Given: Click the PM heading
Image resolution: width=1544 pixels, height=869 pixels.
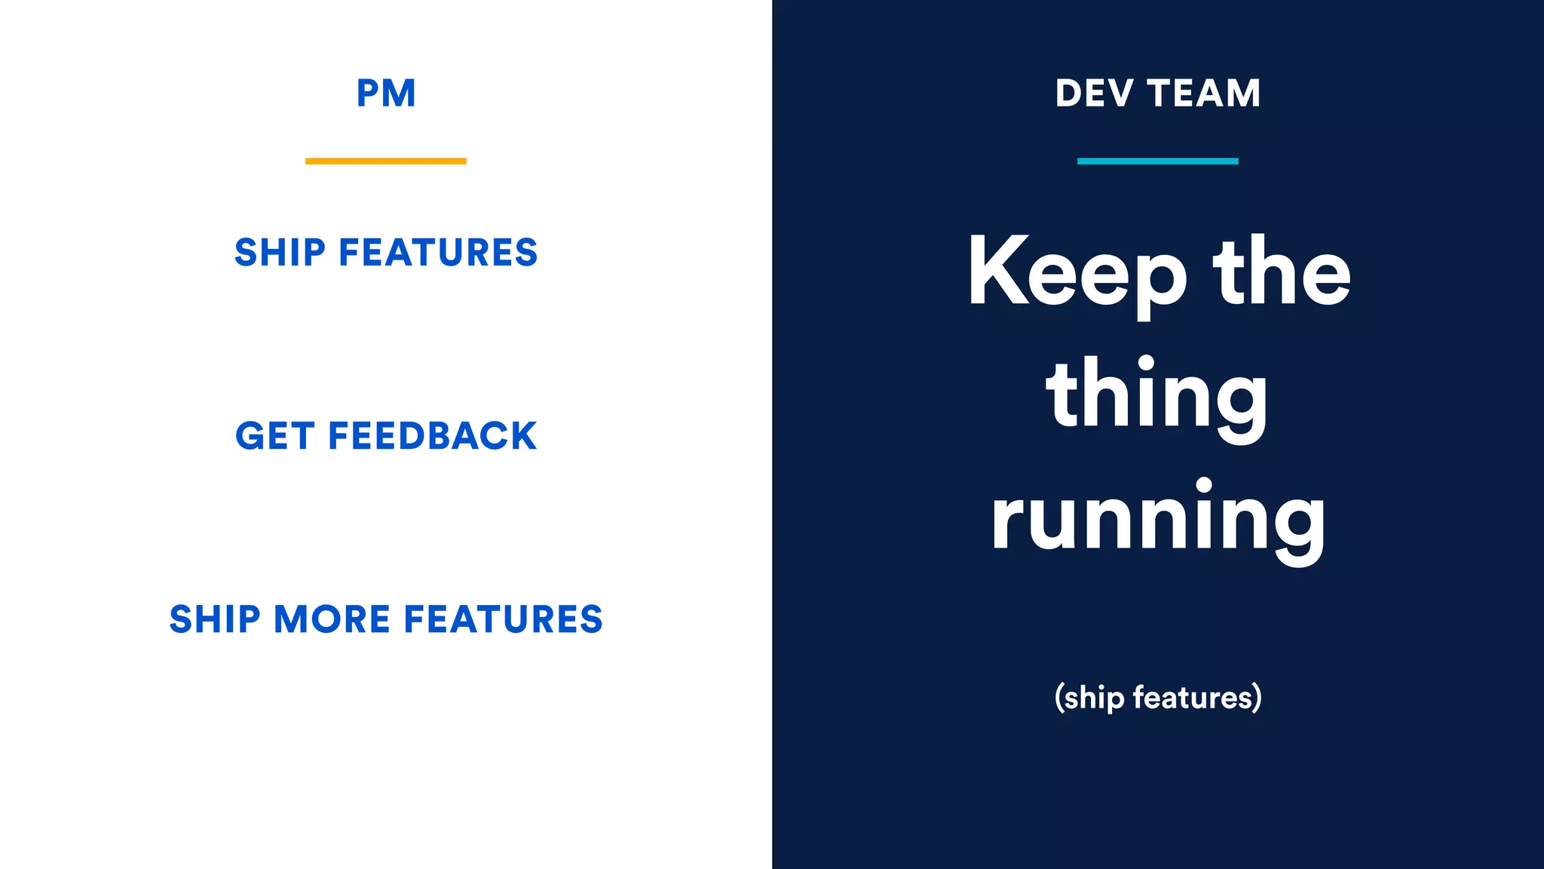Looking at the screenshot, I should click(x=385, y=94).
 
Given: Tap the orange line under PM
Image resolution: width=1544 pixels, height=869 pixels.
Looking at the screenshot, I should click(x=385, y=161).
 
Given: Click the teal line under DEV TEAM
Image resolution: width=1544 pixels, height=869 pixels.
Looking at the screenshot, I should click(x=1157, y=161).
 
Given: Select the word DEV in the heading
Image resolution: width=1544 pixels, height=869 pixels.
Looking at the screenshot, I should click(x=1094, y=94).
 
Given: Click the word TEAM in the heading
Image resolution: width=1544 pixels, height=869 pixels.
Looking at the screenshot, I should click(x=1204, y=94).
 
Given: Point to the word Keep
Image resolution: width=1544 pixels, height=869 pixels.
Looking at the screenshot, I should click(x=1077, y=273).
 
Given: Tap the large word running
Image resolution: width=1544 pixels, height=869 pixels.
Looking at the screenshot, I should click(x=1157, y=519).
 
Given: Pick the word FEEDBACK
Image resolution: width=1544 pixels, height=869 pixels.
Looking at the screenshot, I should click(x=432, y=436).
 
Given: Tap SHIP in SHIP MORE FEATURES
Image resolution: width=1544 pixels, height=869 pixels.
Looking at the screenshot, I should click(x=215, y=619).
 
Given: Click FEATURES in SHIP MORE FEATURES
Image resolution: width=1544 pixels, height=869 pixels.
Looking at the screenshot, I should click(x=503, y=619).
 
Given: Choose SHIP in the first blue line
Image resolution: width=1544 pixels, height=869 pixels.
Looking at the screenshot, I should click(x=280, y=252).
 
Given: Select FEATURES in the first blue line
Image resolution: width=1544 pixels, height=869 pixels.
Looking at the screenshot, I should click(x=438, y=252).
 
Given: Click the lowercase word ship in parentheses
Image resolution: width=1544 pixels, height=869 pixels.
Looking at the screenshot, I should click(x=1094, y=699).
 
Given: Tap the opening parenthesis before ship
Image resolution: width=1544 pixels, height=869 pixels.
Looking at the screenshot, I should click(x=1058, y=698).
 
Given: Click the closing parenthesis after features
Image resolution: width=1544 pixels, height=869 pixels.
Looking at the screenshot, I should click(x=1257, y=698).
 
